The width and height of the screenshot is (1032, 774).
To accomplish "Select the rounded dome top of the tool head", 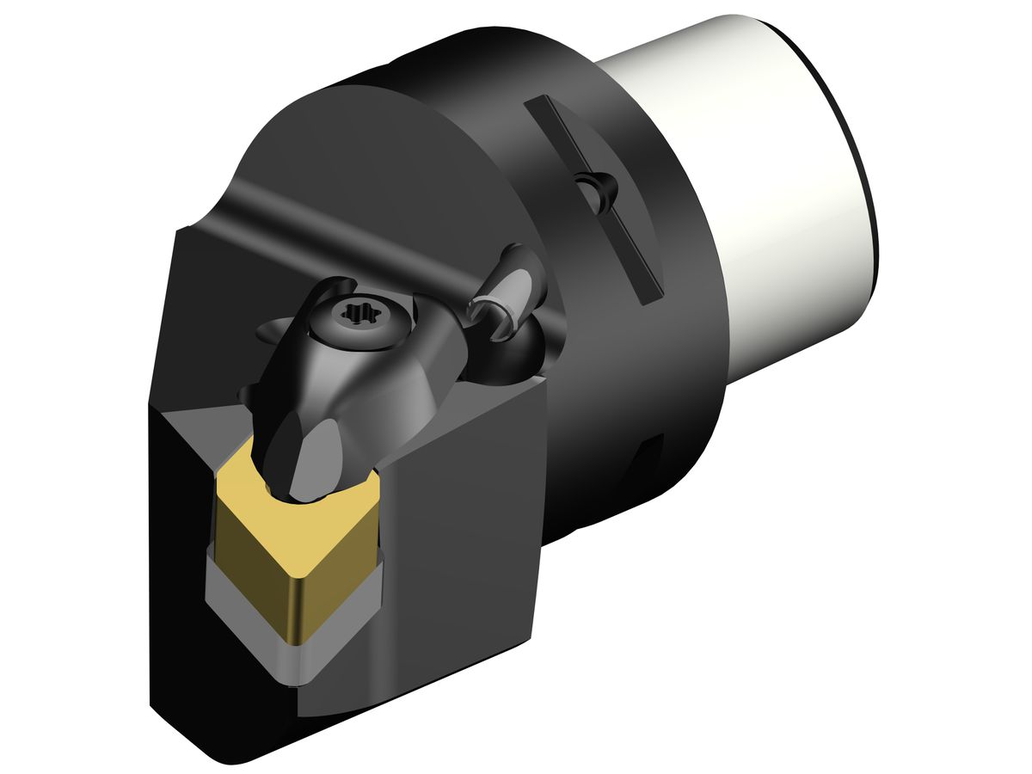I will click(344, 163).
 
